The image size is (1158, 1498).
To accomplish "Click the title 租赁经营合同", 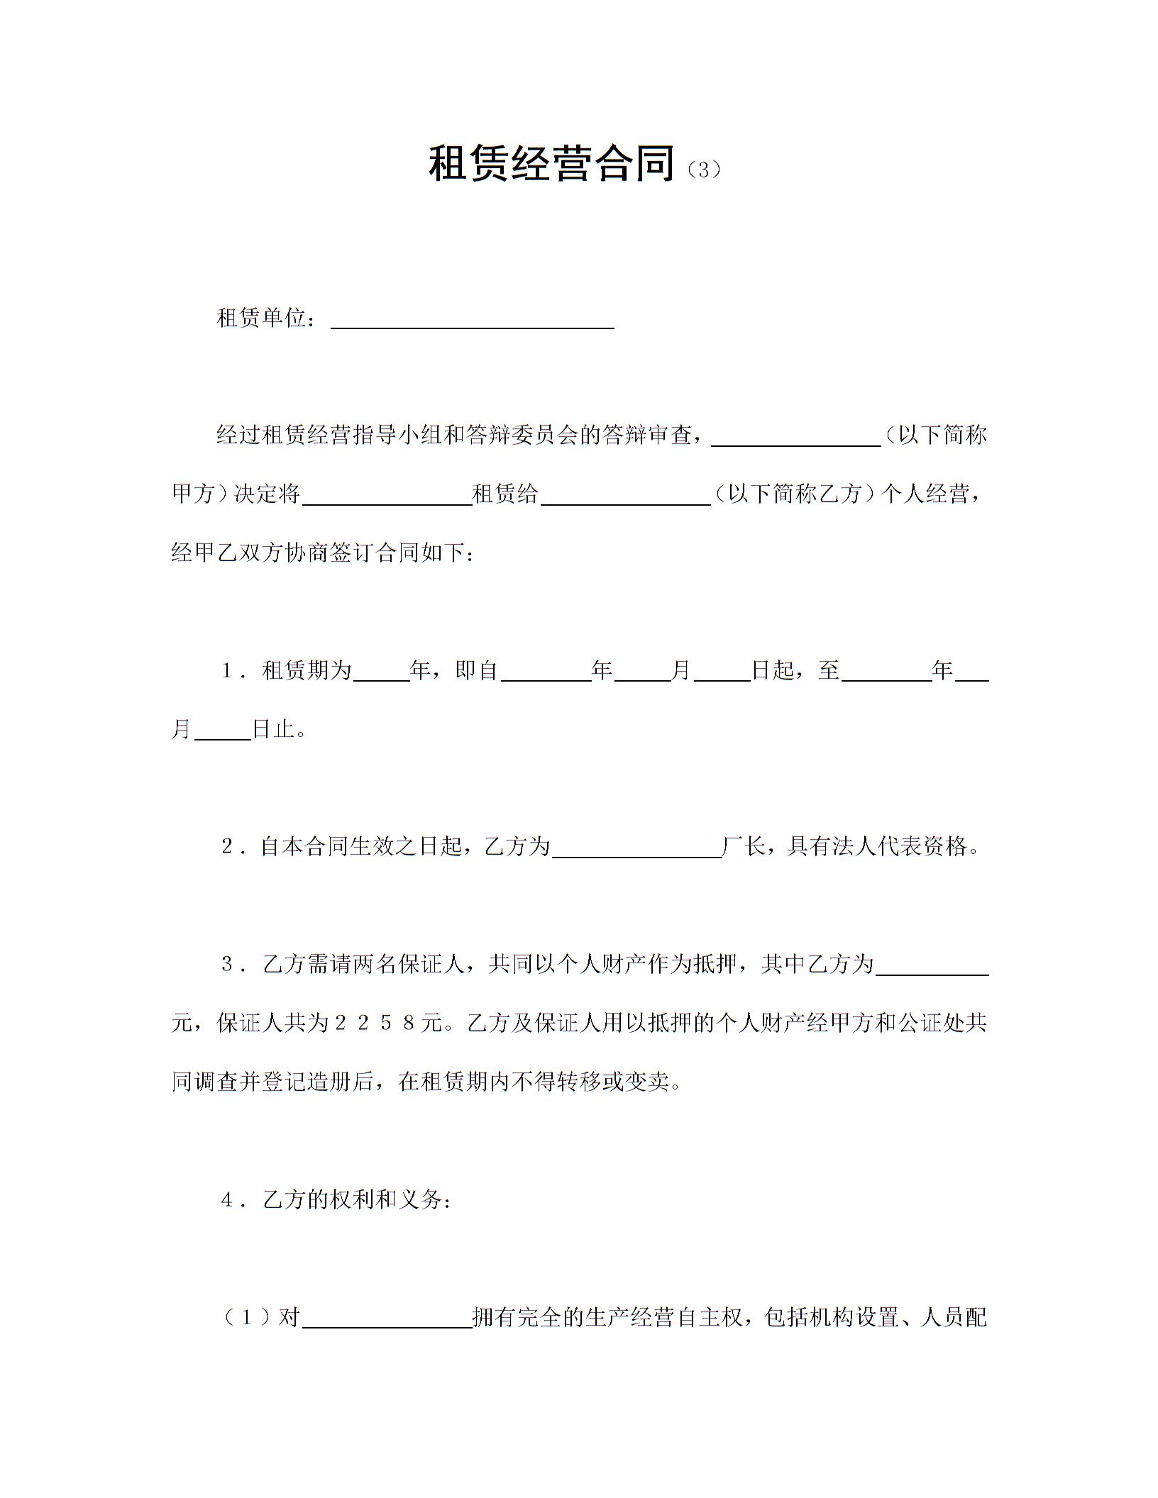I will pos(551,164).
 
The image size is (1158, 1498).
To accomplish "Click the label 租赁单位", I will pos(262,318).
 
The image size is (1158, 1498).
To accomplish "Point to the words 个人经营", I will pos(924,494).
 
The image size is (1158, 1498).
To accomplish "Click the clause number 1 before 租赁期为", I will pos(227,670).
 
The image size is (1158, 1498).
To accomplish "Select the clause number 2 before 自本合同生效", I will pos(227,846).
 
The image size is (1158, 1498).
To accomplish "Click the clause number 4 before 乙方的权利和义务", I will pos(227,1199).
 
